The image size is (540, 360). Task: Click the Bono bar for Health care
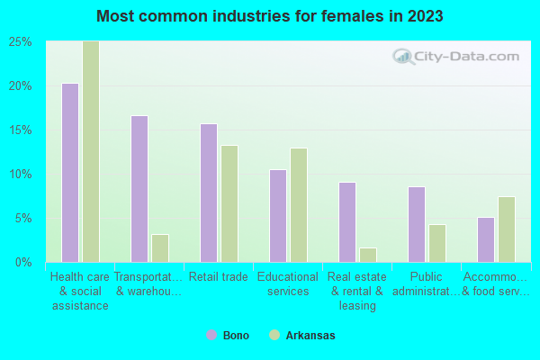(70, 172)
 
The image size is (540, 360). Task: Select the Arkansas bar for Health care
(91, 151)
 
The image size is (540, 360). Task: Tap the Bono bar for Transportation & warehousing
(139, 188)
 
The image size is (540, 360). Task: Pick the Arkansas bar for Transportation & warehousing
(160, 247)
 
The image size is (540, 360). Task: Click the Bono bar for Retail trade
(209, 193)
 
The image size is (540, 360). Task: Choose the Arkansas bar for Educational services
(299, 204)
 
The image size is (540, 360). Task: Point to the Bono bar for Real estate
(347, 221)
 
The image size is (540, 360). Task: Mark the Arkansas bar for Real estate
(368, 255)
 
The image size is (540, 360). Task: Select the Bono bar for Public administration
(417, 224)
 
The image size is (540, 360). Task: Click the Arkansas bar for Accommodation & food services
(507, 229)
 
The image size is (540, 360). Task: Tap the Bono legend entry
(229, 335)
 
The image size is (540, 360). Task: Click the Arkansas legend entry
(302, 335)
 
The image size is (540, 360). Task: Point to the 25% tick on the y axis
(21, 42)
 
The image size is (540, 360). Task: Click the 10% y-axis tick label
(21, 174)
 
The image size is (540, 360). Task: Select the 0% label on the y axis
(24, 262)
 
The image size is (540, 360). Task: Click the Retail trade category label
(218, 277)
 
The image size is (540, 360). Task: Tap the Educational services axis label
(288, 284)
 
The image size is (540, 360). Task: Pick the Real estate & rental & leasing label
(357, 291)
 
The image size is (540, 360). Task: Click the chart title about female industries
(270, 16)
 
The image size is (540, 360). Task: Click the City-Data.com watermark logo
(459, 57)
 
